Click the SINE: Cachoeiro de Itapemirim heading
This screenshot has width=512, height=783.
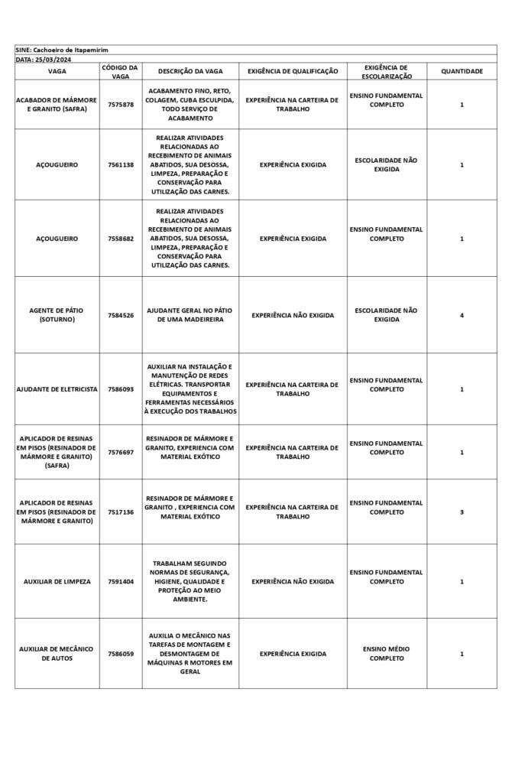point(62,49)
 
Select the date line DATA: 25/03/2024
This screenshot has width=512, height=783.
point(44,59)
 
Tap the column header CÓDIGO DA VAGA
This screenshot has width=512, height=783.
point(120,71)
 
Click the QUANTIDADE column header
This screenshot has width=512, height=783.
point(462,71)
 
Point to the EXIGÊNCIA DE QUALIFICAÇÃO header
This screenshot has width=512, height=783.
point(293,71)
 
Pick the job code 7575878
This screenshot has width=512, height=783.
point(120,104)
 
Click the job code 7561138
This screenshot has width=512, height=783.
point(120,164)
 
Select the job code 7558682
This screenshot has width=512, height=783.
point(120,239)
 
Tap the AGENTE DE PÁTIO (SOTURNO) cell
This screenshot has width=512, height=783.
point(57,315)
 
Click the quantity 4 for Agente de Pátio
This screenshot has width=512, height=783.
point(462,315)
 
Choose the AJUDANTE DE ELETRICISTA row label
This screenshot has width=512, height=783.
point(57,389)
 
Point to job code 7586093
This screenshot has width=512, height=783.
point(120,389)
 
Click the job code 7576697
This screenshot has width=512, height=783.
point(120,452)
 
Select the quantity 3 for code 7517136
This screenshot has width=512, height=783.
point(462,512)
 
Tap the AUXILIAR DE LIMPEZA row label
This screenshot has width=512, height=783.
point(57,581)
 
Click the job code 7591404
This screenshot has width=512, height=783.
point(120,581)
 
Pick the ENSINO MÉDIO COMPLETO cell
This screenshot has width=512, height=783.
point(387,654)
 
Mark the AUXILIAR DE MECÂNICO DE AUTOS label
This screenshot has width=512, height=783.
point(57,654)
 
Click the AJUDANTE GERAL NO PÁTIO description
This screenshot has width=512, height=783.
point(190,315)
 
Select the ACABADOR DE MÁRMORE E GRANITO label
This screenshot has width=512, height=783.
point(57,104)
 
